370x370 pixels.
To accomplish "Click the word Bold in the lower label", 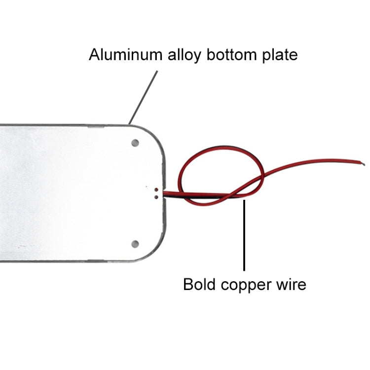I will point(199,285).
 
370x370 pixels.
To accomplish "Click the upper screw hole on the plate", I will point(135,143).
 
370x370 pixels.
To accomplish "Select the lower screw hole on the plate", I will point(135,243).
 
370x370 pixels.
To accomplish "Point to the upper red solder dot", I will point(156,189).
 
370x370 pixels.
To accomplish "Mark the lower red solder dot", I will point(156,196).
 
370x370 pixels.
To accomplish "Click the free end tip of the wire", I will point(364,164).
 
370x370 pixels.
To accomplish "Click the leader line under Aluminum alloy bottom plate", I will point(144,96).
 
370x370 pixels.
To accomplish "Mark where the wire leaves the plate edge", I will point(167,193).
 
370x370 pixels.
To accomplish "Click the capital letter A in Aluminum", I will point(94,54).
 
